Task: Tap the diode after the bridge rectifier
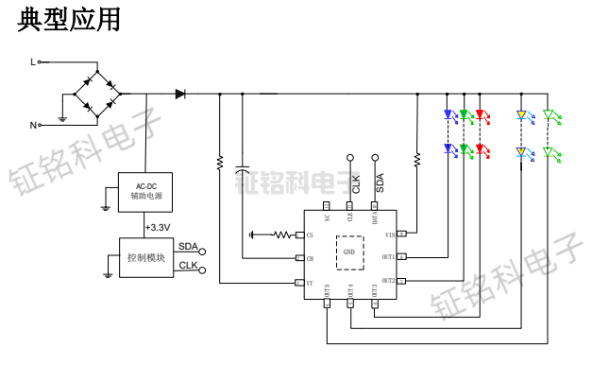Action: (x=180, y=94)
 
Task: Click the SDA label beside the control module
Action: (x=188, y=247)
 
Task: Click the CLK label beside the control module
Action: (x=188, y=266)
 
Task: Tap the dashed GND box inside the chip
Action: (x=349, y=252)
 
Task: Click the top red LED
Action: (x=481, y=115)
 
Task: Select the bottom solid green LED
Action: (x=465, y=150)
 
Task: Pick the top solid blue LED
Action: (x=448, y=115)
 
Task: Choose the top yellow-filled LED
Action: (x=520, y=115)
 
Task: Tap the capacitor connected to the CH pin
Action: (x=243, y=171)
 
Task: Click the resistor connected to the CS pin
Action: (x=284, y=235)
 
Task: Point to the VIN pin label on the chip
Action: (x=387, y=234)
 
